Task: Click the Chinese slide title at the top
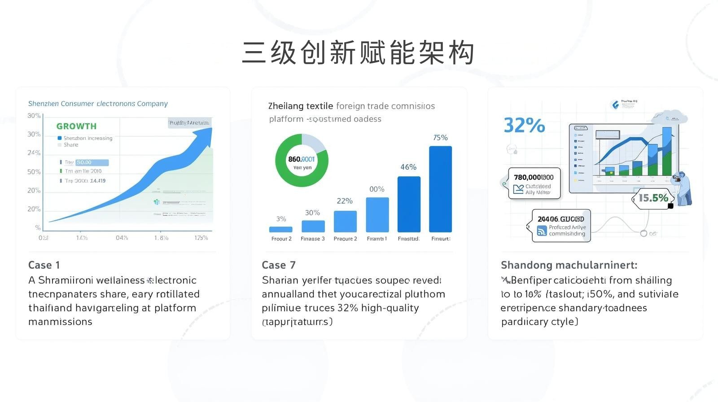pos(358,53)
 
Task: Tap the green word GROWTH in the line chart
pos(76,126)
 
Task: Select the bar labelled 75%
pos(440,189)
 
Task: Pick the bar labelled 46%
pos(409,204)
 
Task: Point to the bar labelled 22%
pos(345,221)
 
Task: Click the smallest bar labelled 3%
pos(281,229)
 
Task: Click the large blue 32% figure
pos(524,125)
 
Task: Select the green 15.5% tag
pos(653,198)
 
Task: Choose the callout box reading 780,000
pos(534,183)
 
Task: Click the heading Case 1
pos(44,265)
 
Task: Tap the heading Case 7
pos(279,265)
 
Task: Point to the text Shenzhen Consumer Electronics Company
pos(98,104)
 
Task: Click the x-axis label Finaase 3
pos(313,239)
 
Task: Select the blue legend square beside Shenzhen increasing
pos(60,138)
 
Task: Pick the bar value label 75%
pos(440,138)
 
